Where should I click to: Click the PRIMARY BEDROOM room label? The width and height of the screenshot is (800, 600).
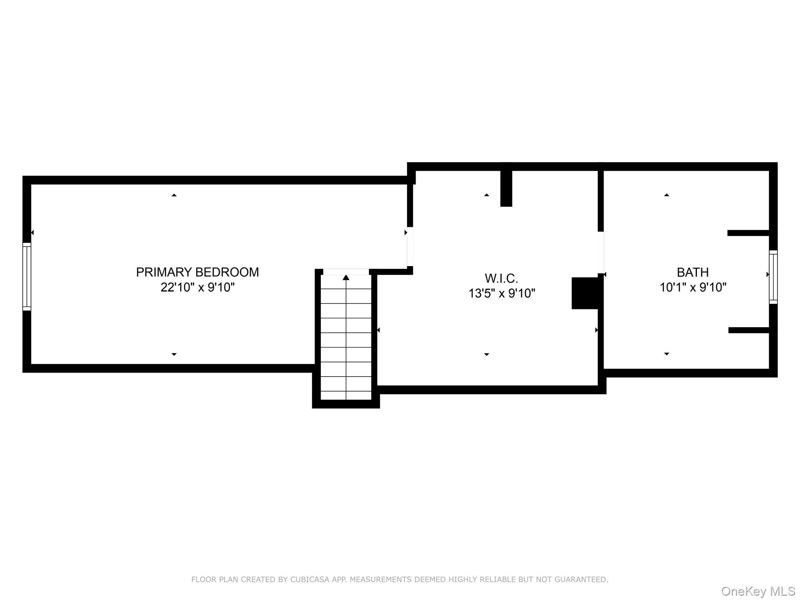pos(197,272)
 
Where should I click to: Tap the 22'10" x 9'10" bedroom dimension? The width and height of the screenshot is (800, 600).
pos(198,287)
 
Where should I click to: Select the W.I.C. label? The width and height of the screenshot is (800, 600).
pos(502,279)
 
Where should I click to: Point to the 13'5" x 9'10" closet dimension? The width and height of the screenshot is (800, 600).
pos(502,293)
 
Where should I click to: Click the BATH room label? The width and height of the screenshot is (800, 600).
pos(693,272)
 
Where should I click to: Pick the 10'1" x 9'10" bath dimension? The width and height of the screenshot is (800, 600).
pos(693,287)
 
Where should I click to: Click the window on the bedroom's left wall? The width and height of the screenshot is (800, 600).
pos(27,277)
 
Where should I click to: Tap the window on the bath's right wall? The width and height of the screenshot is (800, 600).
pos(773,277)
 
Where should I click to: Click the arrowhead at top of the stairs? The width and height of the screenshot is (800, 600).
pos(346,277)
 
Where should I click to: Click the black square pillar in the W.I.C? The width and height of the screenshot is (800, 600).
pos(585,293)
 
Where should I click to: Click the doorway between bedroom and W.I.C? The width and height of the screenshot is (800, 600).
pos(410,246)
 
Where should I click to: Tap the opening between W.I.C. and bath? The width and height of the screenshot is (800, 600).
pos(601,253)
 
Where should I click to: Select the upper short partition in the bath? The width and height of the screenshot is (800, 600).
pos(748,233)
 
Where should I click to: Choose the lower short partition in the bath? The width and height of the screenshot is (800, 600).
pos(749,330)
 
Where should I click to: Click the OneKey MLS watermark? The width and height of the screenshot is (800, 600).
pos(758,591)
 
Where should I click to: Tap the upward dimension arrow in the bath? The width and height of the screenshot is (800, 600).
pos(666,195)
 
